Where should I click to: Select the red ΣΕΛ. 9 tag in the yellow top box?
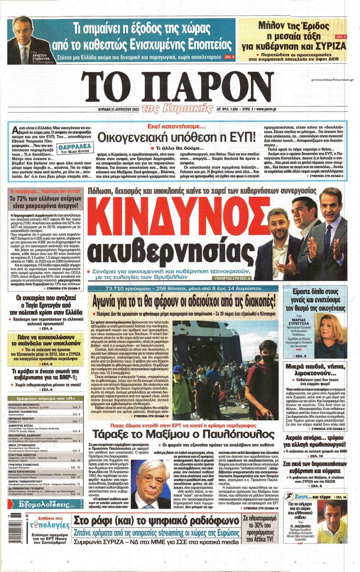click(x=341, y=37)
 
